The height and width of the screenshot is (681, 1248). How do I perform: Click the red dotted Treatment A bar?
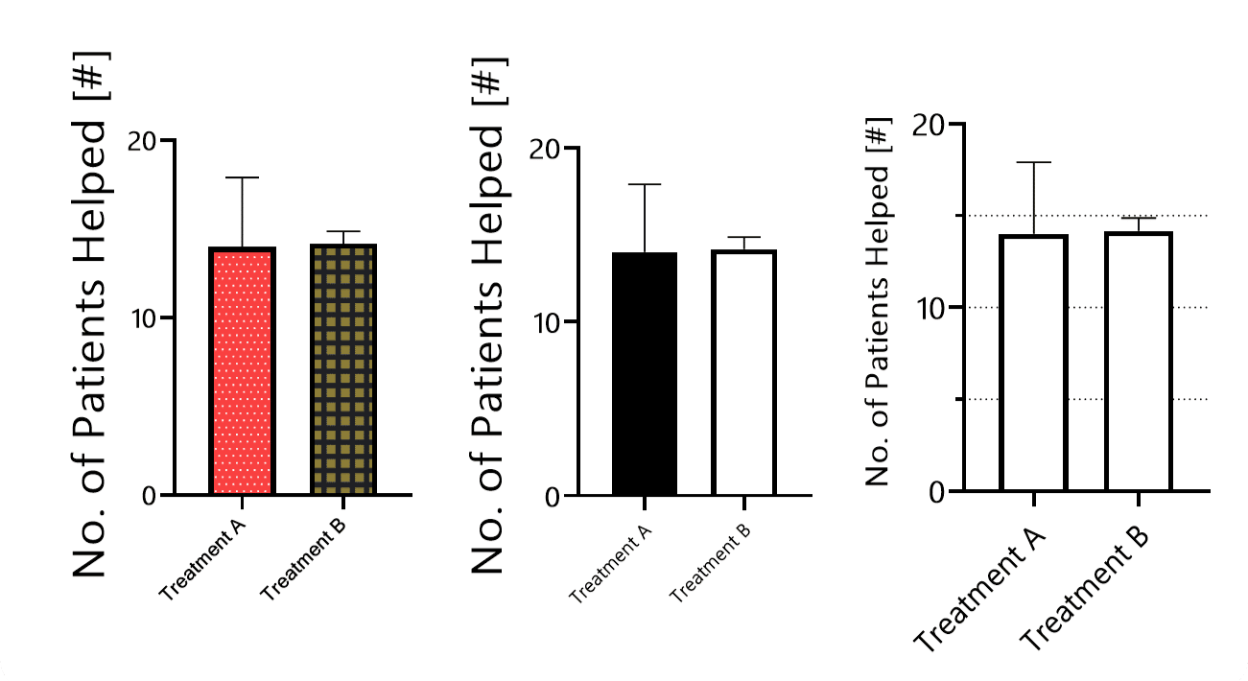click(x=242, y=371)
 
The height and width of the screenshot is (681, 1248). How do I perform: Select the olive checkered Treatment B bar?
click(x=343, y=369)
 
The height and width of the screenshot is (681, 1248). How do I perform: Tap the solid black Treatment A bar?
click(x=645, y=374)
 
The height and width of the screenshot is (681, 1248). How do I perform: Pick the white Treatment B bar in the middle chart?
click(x=743, y=373)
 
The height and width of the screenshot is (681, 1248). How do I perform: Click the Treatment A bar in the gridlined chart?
click(x=1033, y=363)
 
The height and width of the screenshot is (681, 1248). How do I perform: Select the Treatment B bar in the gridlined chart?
click(x=1139, y=362)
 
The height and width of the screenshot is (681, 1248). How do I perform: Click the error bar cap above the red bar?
click(x=242, y=177)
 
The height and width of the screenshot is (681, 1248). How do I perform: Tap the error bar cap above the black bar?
click(x=645, y=184)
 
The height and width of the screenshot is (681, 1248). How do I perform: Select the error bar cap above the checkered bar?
click(x=343, y=232)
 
